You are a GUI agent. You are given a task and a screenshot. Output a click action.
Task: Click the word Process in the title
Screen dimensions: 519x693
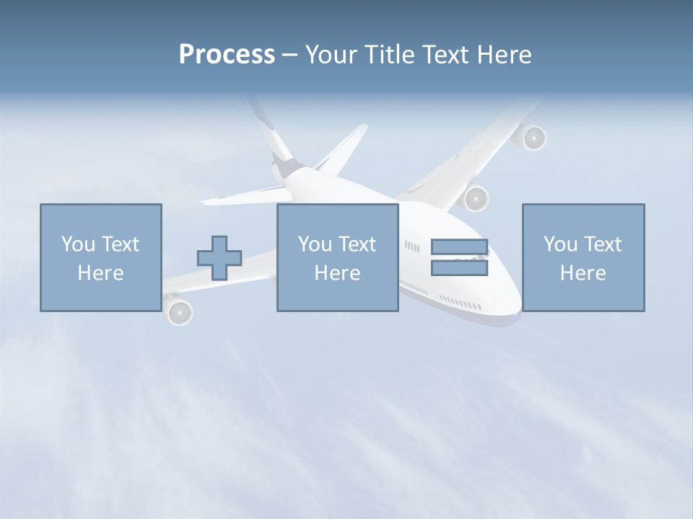tap(227, 55)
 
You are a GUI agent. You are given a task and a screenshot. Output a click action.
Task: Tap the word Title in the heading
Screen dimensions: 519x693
tap(389, 55)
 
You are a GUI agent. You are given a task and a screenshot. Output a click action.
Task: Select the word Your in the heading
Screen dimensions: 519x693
tap(332, 55)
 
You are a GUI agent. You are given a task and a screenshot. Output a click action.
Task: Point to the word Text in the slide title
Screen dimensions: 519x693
tap(445, 55)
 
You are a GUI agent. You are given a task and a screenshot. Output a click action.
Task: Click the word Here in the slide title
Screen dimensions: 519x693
tap(505, 55)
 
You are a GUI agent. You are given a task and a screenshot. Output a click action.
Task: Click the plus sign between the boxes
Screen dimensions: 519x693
tap(219, 258)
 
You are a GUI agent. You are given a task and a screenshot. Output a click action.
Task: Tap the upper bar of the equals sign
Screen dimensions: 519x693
tap(459, 247)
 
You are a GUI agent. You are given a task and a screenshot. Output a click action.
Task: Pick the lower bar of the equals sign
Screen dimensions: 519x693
tap(459, 268)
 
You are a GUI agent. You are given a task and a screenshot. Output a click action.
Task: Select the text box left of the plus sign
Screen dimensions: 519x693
tap(100, 257)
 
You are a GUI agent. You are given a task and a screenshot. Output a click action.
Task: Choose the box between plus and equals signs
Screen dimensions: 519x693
tap(337, 257)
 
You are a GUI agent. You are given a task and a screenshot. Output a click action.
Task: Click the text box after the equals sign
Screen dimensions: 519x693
tap(583, 257)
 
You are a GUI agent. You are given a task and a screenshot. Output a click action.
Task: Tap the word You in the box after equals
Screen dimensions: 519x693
tap(560, 244)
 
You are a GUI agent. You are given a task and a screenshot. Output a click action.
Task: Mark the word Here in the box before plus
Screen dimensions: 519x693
tap(100, 273)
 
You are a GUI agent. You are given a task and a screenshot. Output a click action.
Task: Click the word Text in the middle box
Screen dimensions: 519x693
tap(357, 244)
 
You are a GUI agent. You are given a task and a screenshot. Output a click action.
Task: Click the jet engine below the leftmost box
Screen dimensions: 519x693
tap(180, 312)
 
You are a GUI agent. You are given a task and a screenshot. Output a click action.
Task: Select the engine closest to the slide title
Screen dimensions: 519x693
tap(533, 137)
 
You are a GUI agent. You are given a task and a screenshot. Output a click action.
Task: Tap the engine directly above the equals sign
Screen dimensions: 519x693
tap(476, 198)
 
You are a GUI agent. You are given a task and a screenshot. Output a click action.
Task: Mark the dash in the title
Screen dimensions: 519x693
tap(289, 56)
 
